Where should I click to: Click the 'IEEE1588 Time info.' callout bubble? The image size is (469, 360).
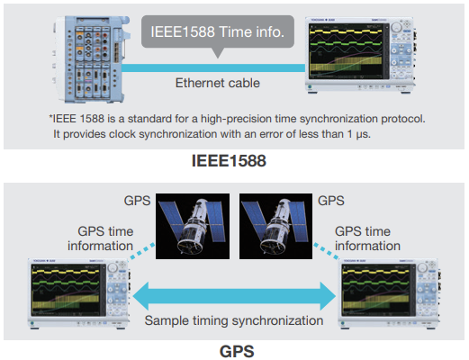[218, 31]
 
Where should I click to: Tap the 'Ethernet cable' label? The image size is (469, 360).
[218, 83]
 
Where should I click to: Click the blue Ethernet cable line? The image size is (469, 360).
[213, 67]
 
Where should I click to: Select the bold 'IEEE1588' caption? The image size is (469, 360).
[229, 161]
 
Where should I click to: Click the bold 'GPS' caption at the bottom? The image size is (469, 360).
[237, 351]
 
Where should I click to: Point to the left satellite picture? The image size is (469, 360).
[193, 226]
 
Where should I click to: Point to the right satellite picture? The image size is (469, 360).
[275, 226]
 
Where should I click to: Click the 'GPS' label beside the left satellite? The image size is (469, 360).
[137, 201]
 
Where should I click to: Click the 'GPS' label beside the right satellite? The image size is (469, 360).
[331, 201]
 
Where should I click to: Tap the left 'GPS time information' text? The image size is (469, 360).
[101, 238]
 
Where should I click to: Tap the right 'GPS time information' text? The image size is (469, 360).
[367, 238]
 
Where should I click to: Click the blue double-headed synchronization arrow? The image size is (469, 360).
[234, 296]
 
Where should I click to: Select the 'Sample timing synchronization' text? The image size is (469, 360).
[234, 320]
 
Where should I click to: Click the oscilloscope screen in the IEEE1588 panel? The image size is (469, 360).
[347, 51]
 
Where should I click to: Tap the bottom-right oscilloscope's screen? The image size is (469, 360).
[378, 290]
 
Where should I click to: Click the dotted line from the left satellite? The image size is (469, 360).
[141, 251]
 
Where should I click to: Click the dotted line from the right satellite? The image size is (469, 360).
[326, 251]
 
